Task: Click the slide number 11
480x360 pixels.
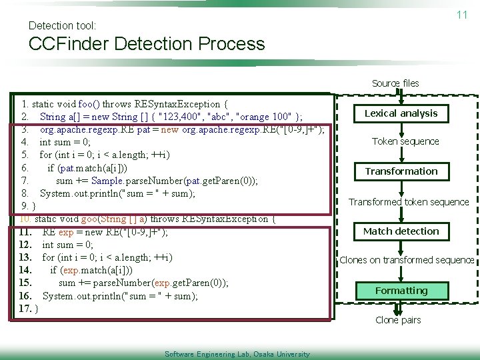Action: [461, 15]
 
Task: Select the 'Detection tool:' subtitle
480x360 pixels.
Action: [63, 25]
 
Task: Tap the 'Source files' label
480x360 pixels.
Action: [395, 83]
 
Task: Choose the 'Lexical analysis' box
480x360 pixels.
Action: [401, 113]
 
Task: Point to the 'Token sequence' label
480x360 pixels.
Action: [405, 141]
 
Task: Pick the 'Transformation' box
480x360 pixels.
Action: [401, 171]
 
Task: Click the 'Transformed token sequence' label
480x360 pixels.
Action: [409, 202]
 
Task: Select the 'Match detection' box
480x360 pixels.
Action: [401, 231]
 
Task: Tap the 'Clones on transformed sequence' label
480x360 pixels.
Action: [407, 260]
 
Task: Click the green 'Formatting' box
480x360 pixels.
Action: [401, 291]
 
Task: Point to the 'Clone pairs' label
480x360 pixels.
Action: [398, 320]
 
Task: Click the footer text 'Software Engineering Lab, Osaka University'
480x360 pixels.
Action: [237, 354]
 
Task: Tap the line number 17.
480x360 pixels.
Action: [25, 309]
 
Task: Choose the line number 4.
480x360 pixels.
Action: [25, 142]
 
